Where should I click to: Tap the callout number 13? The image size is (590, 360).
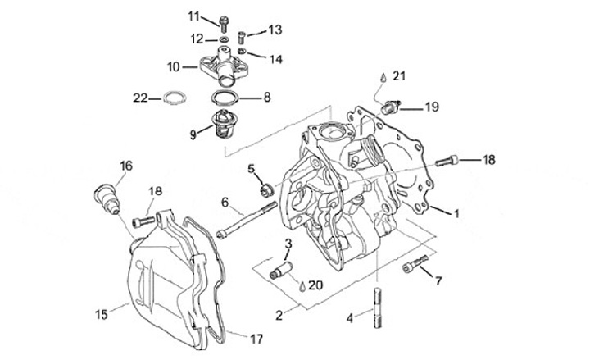pos(274,30)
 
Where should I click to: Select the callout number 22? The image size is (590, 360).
pos(140,98)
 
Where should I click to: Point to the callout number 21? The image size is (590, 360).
pos(399,76)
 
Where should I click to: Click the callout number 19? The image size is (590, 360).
pos(431,107)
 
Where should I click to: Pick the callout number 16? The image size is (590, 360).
pos(125,166)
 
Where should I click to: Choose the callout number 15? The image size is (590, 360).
pos(102,312)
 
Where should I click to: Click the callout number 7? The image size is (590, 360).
pos(438,281)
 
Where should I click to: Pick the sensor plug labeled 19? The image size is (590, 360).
pos(391,106)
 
